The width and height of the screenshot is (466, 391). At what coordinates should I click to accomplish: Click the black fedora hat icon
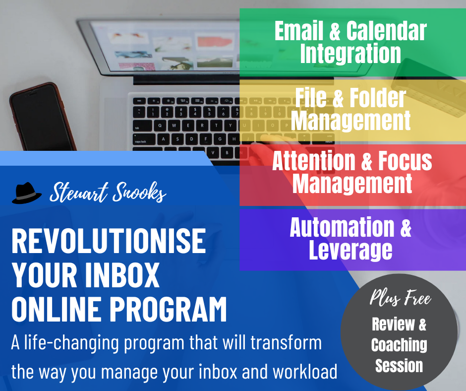(27, 193)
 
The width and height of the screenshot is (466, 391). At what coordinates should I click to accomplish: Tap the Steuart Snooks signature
(108, 192)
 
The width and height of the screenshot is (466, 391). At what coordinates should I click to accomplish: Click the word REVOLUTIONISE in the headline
(109, 241)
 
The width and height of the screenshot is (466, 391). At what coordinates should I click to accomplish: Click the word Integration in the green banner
(350, 53)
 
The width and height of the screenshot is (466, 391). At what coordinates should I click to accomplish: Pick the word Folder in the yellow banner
(378, 98)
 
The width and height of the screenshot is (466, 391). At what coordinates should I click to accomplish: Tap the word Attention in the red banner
(314, 161)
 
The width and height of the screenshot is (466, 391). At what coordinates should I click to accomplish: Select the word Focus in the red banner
(405, 161)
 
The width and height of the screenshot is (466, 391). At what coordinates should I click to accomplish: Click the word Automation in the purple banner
(342, 227)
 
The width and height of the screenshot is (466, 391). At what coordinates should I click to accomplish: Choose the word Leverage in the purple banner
(350, 250)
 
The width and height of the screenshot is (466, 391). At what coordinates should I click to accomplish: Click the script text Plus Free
(400, 298)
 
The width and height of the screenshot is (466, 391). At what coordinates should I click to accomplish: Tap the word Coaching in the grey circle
(399, 345)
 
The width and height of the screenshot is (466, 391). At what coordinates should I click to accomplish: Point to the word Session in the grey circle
(399, 365)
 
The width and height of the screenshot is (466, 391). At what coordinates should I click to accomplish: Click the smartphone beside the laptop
(42, 117)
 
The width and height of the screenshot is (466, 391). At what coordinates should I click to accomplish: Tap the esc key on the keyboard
(139, 101)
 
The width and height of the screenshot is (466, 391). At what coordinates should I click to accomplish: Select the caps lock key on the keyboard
(144, 139)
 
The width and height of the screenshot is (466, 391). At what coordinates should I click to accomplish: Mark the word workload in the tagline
(305, 372)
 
